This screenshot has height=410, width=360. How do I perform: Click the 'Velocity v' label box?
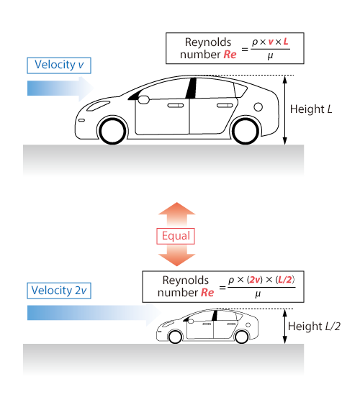[59, 65]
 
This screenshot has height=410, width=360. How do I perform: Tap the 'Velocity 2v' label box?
[59, 291]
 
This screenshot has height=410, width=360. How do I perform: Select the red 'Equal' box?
[176, 236]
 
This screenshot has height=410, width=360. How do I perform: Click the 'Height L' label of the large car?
[311, 109]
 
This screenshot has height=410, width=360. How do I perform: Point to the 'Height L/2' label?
[314, 327]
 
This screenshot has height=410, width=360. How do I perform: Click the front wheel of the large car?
[112, 131]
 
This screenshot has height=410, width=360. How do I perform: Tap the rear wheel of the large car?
[246, 131]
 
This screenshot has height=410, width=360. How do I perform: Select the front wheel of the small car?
[175, 337]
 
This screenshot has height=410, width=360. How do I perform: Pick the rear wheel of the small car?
[242, 337]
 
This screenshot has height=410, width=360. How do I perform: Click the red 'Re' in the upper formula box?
[230, 55]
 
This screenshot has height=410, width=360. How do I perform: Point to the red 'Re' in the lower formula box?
[207, 292]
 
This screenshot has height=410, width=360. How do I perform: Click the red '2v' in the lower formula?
[255, 280]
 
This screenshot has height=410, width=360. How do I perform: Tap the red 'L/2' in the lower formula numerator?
[285, 280]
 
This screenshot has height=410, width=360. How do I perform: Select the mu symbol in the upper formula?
[270, 56]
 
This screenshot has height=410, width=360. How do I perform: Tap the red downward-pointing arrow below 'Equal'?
[176, 256]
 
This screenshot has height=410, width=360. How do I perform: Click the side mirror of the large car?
[143, 100]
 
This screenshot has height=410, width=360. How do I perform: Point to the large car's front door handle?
[176, 105]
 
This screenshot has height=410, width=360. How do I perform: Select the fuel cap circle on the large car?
[258, 107]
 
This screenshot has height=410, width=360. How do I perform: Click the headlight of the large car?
[98, 106]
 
